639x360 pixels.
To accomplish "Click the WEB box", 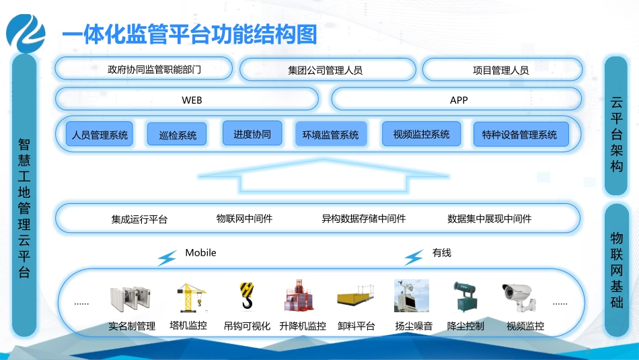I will tap(186, 100).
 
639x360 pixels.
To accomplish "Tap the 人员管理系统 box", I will tap(100, 135).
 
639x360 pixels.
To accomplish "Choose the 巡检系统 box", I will tap(178, 135).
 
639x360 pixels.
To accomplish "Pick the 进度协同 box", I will tap(252, 134).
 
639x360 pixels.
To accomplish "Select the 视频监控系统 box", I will tap(421, 134).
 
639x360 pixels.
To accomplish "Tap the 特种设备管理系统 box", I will tap(519, 135).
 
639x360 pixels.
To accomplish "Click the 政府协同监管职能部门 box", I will tap(144, 69).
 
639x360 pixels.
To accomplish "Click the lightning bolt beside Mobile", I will tap(167, 258).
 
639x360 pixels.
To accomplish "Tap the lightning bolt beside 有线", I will tap(414, 258).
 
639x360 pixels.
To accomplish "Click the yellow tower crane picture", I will tap(190, 297).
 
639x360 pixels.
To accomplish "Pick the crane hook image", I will tap(246, 296).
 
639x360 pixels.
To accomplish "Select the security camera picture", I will tap(519, 297).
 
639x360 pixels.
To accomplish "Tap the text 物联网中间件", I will tap(244, 219).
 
